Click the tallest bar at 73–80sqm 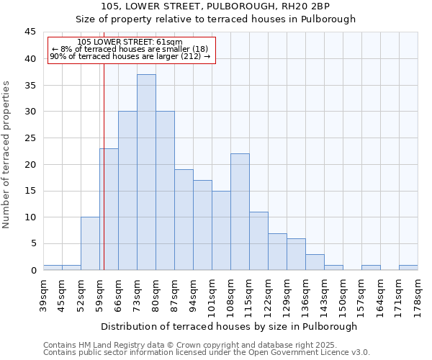pos(146,172)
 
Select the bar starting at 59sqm pos(109,209)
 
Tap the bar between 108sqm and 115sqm pos(240,212)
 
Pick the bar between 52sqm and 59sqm pos(90,243)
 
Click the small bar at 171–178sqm pos(408,268)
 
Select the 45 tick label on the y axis pos(30,32)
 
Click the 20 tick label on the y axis pos(30,164)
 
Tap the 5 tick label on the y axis pos(33,243)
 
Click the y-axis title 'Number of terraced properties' pos(7,154)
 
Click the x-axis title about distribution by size pos(229,326)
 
